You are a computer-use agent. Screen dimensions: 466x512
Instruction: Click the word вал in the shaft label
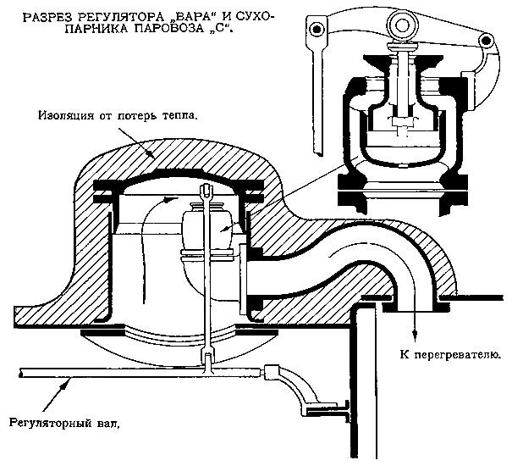point(104,421)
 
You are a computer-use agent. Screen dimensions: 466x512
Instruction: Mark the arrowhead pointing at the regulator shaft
point(60,383)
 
